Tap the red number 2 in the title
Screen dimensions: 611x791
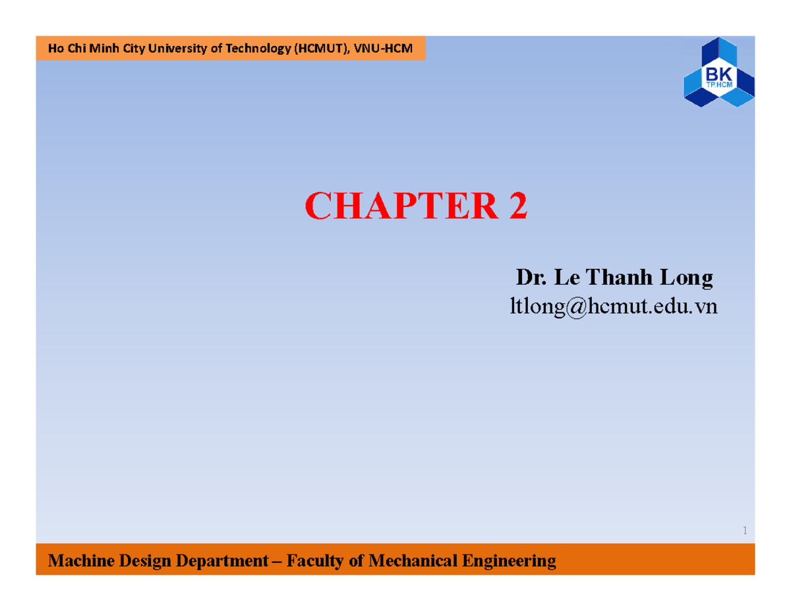517,207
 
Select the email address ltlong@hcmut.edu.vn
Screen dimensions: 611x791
614,306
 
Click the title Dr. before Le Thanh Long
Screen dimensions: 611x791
531,278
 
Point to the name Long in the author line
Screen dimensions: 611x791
687,279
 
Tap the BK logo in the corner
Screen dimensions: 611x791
719,72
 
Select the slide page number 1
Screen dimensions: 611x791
744,531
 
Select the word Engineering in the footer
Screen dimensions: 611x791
515,562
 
